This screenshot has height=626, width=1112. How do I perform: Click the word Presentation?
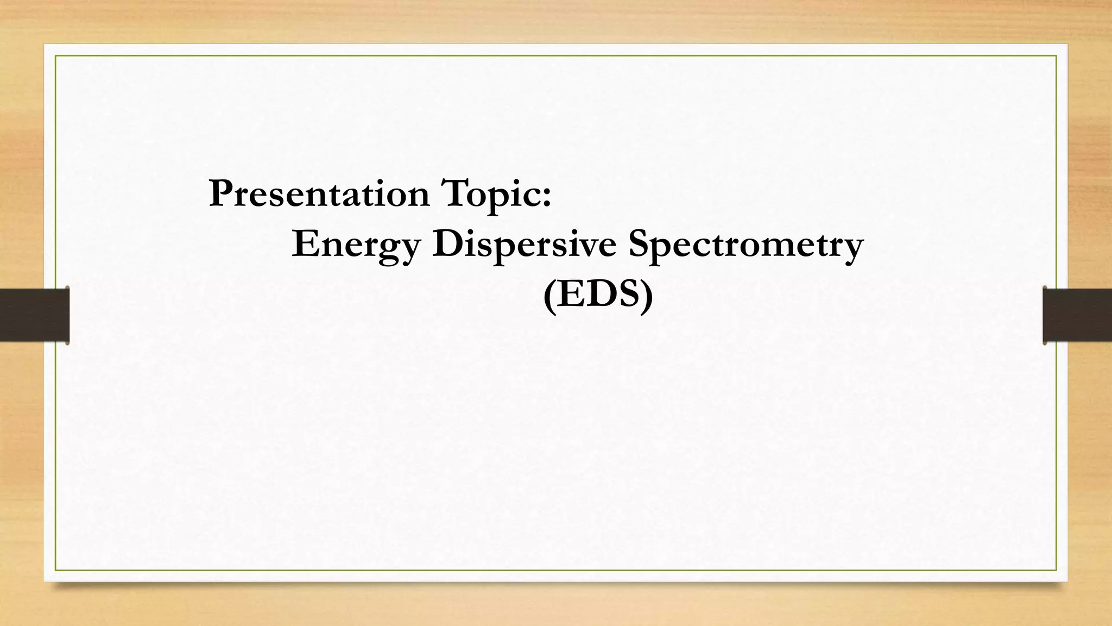[319, 194]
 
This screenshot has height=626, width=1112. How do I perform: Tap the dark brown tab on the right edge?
[1077, 315]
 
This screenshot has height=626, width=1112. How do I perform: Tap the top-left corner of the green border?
[55, 55]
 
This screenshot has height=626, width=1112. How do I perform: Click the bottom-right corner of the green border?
[1056, 570]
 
